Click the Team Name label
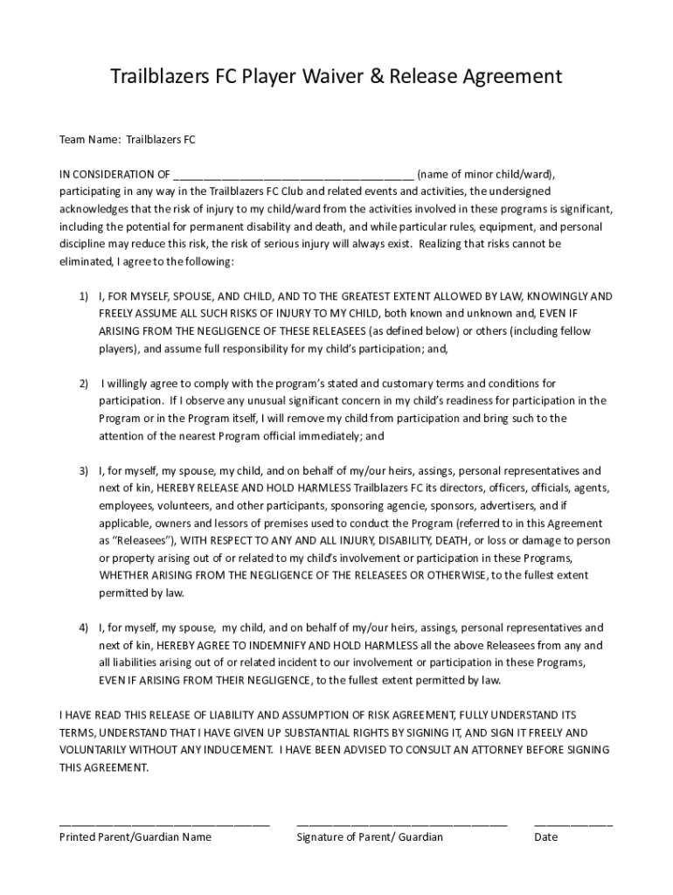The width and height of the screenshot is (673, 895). (90, 139)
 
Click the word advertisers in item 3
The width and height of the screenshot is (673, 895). (507, 505)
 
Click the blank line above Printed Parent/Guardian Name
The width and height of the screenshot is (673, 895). (164, 823)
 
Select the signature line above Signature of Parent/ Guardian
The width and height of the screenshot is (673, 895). (401, 823)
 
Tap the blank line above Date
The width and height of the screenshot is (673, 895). (572, 823)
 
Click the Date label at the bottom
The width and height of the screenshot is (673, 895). (545, 837)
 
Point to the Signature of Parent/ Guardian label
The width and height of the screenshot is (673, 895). (370, 837)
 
